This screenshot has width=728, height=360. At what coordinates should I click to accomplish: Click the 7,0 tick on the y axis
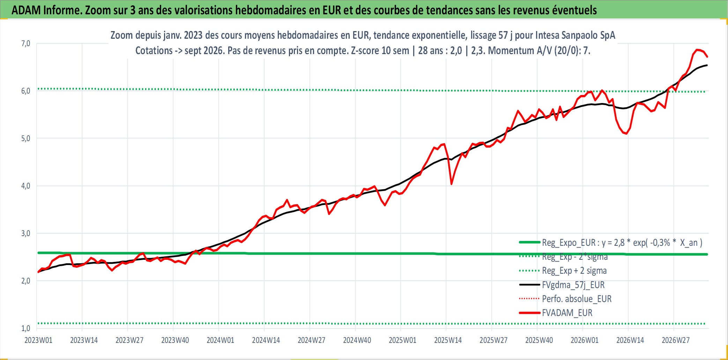tap(26, 44)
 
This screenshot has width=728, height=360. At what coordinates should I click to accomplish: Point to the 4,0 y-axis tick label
tap(26, 186)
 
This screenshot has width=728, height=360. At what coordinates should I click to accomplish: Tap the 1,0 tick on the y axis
tap(26, 328)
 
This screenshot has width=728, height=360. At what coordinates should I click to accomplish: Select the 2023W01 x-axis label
tap(38, 340)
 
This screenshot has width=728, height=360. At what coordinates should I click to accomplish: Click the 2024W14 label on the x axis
tap(266, 340)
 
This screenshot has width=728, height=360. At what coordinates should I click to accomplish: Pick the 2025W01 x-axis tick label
tap(402, 340)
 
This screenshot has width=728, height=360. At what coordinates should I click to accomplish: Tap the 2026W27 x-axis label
tap(676, 340)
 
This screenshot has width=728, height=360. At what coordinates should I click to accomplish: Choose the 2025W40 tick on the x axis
tap(539, 340)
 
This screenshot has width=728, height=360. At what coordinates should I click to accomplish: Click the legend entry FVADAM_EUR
tap(567, 313)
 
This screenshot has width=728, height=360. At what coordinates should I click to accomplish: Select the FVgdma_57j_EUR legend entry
tap(573, 285)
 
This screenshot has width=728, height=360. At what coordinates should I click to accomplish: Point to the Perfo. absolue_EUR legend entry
tap(577, 299)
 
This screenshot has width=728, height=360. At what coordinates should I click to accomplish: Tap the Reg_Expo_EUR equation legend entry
tap(622, 243)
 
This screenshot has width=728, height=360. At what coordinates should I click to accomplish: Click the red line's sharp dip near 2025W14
tap(451, 184)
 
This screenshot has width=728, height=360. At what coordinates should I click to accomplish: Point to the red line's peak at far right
tap(697, 50)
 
